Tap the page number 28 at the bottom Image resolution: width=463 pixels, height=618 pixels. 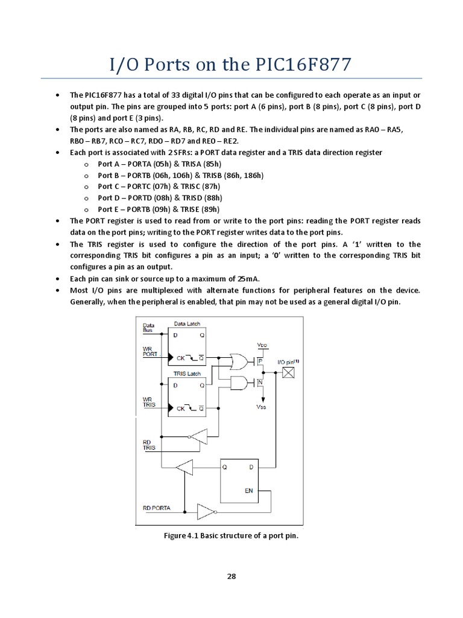[x=231, y=576]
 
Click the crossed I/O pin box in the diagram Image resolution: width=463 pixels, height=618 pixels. [x=289, y=373]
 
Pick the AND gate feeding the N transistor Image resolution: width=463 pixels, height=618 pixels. [x=239, y=383]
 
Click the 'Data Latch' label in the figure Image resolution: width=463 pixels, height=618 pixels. [x=187, y=324]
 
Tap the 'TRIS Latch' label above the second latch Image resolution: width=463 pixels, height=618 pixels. [x=186, y=374]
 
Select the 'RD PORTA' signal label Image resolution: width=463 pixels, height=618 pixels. [x=157, y=508]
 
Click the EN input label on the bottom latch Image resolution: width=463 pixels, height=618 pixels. [x=248, y=491]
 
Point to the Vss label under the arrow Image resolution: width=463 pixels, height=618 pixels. [x=260, y=407]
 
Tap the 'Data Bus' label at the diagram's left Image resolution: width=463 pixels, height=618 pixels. [x=148, y=328]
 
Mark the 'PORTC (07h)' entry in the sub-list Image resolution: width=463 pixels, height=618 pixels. [x=143, y=186]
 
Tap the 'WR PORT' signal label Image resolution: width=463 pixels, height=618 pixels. [x=150, y=351]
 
